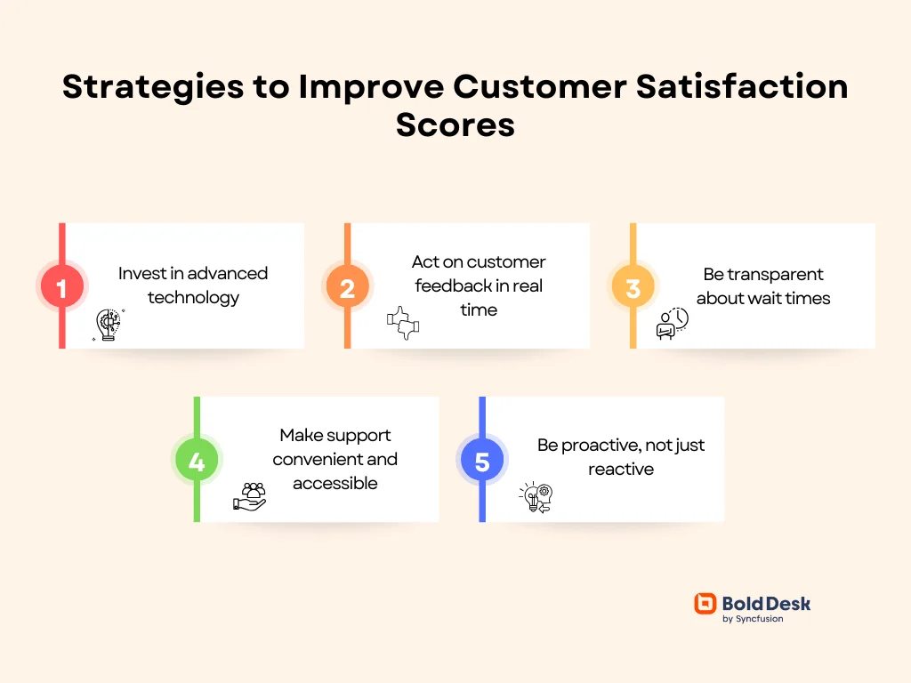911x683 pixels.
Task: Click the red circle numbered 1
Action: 61,287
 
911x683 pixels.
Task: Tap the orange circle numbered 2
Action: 347,287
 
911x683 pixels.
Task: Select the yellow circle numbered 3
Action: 633,287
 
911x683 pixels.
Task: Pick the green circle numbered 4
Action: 197,462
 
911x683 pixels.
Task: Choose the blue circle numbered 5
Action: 482,462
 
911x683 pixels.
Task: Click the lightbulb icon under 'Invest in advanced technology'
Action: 108,325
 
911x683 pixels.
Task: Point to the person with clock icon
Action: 672,324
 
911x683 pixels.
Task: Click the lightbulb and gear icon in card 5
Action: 536,498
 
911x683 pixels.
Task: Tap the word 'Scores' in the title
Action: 455,125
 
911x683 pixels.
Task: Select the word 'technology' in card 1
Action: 193,298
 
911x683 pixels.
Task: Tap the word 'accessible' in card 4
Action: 335,484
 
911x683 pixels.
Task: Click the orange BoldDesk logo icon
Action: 705,604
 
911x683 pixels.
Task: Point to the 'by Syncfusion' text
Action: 753,619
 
